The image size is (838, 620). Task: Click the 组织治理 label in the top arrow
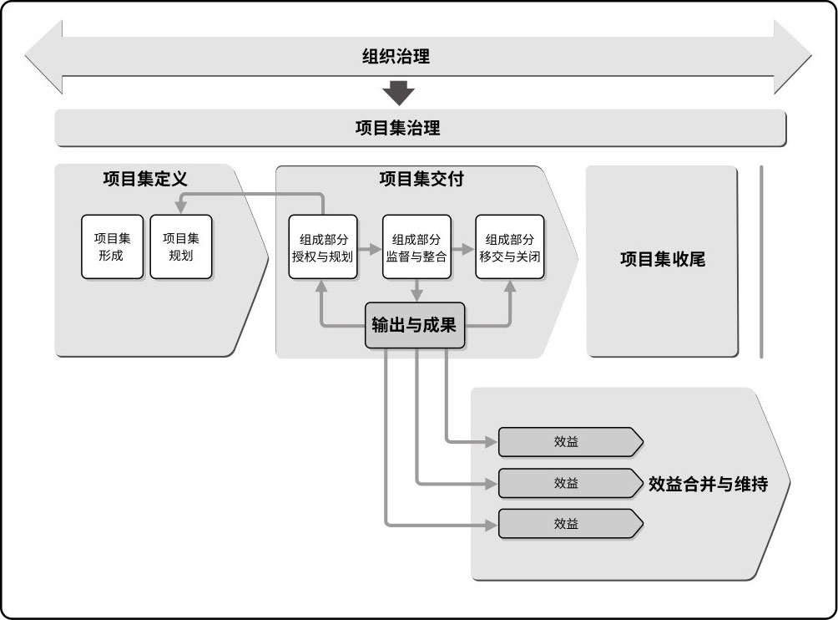click(396, 58)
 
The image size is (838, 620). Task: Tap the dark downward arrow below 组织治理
click(398, 93)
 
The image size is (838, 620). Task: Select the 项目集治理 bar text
click(397, 129)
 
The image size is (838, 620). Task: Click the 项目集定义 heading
click(145, 179)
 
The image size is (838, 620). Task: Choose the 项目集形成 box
click(112, 246)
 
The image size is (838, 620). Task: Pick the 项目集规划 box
click(180, 246)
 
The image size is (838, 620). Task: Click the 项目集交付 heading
click(421, 179)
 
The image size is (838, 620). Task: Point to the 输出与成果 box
click(414, 325)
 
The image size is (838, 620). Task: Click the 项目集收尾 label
click(662, 260)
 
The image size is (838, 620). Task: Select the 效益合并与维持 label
click(708, 484)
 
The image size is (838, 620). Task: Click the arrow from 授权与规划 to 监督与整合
click(370, 248)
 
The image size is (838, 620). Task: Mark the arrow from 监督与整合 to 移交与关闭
click(463, 248)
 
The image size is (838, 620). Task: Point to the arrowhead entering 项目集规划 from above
click(180, 206)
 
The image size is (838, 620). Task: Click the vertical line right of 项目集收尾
click(761, 262)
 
